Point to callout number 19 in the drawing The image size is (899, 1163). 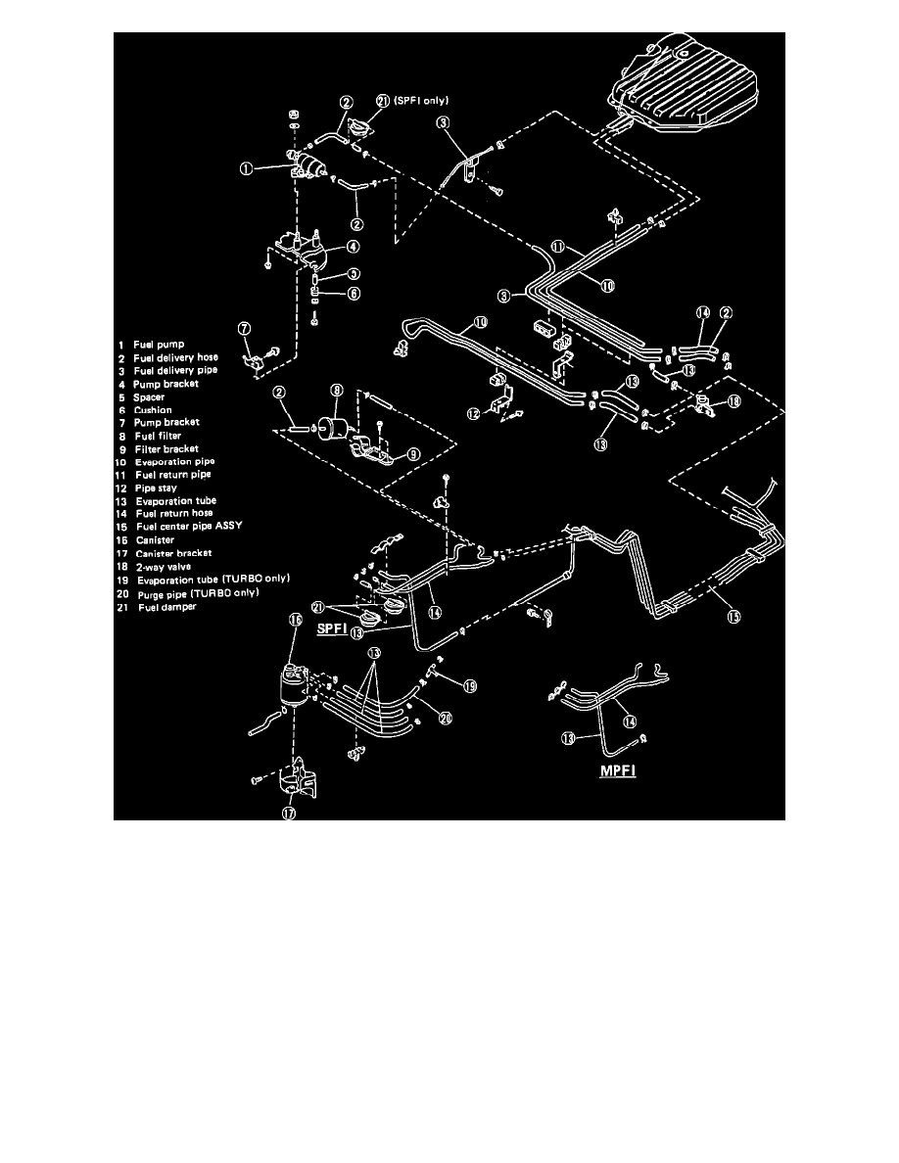[468, 687]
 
